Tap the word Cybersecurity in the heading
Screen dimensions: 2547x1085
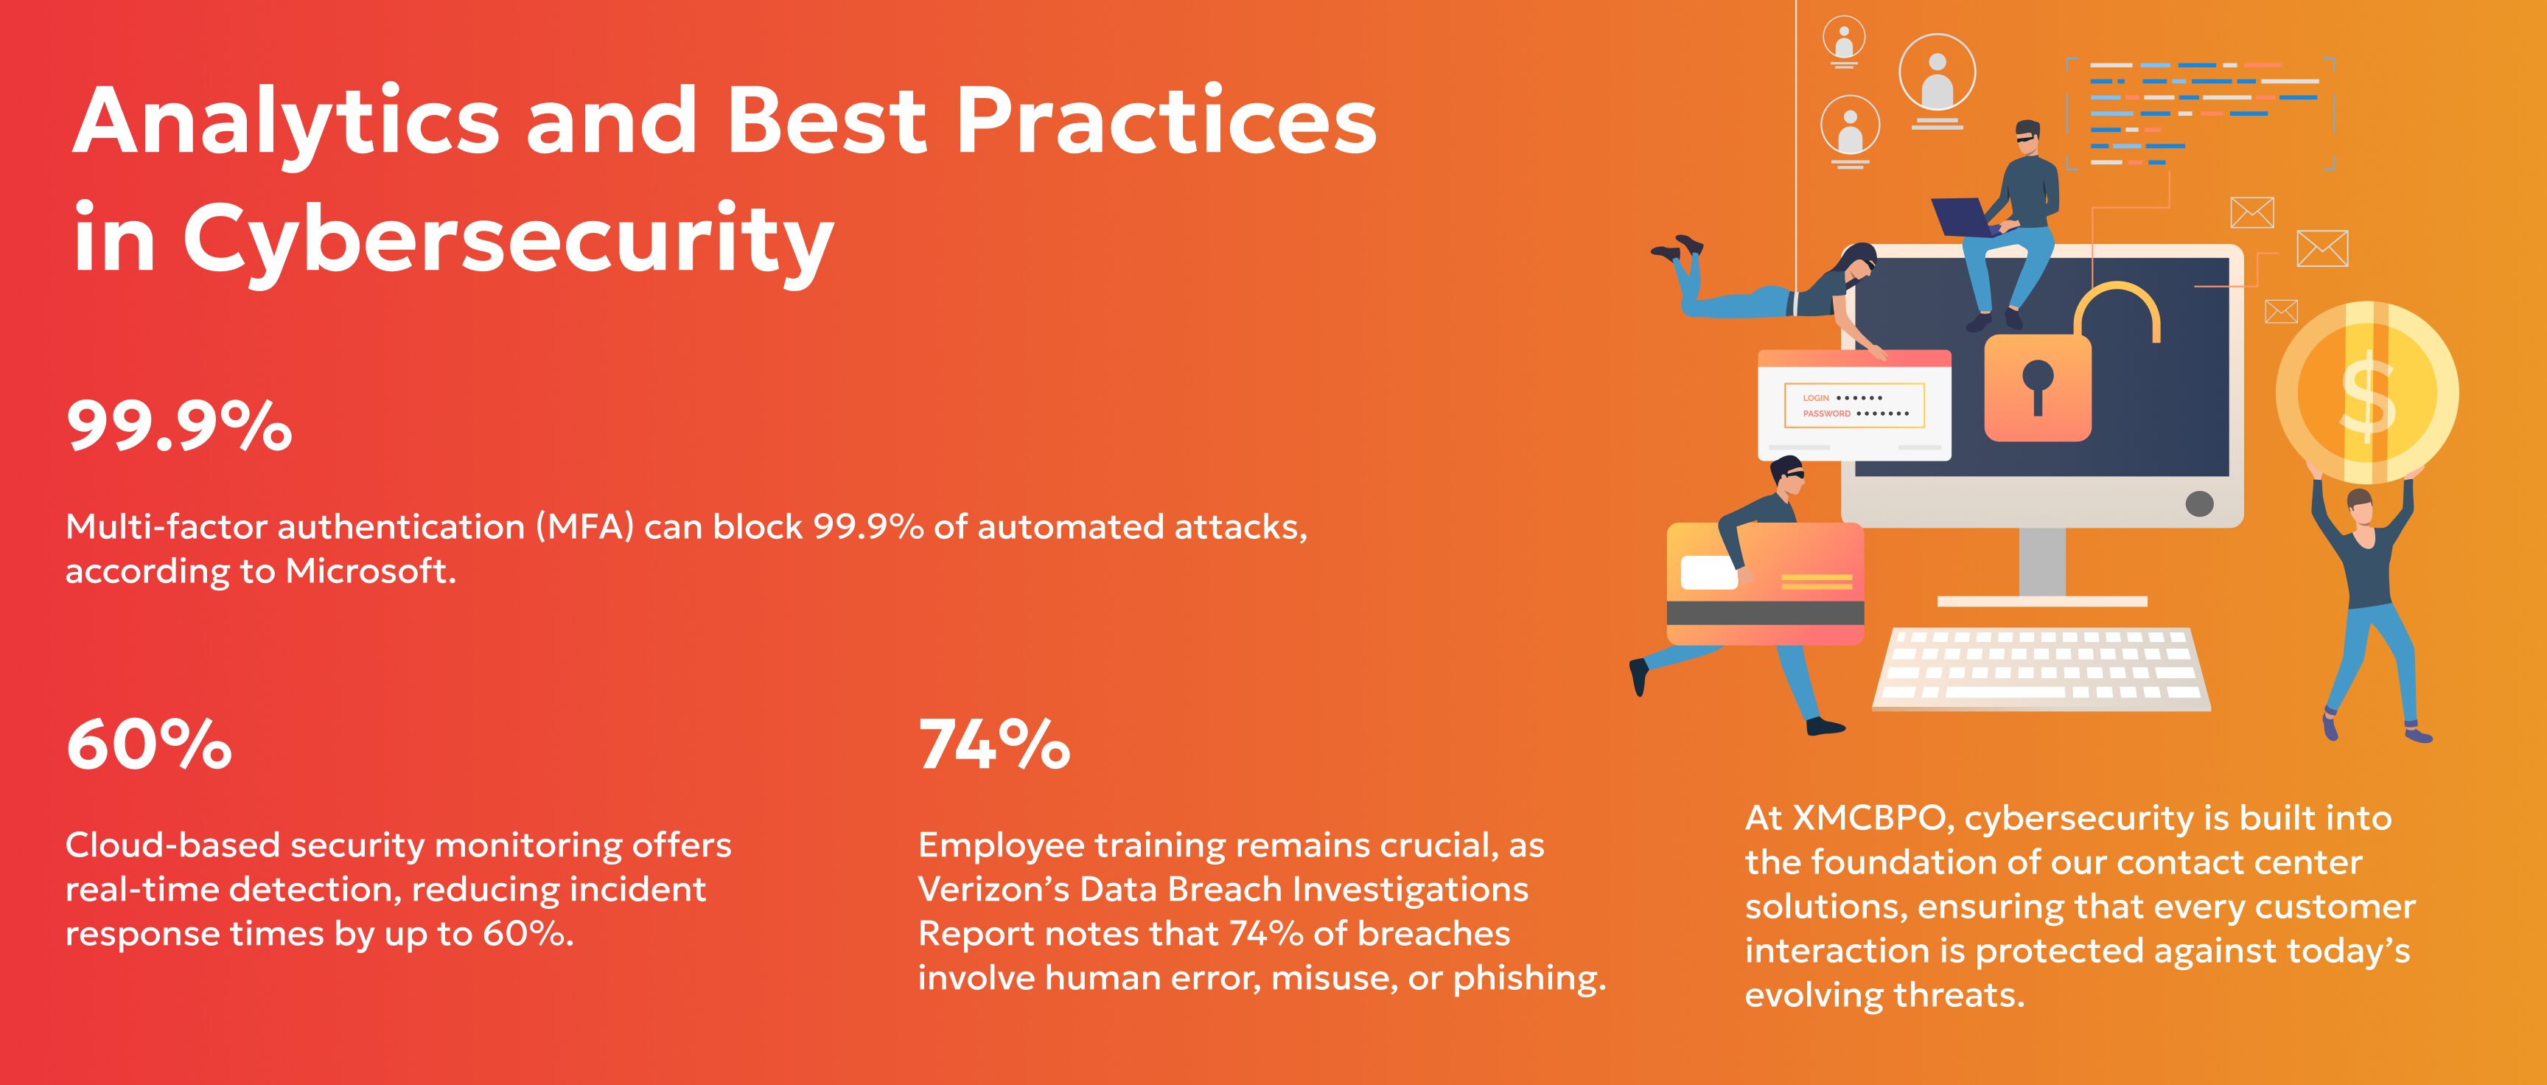[509, 241]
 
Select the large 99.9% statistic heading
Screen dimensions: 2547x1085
[179, 428]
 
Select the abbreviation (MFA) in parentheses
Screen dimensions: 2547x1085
[584, 527]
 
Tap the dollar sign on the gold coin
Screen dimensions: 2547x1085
[2368, 396]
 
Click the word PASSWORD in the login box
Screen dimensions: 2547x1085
[1826, 414]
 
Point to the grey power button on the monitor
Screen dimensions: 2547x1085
[2199, 503]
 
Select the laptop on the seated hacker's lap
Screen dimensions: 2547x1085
[1963, 217]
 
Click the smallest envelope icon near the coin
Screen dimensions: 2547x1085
[2281, 312]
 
